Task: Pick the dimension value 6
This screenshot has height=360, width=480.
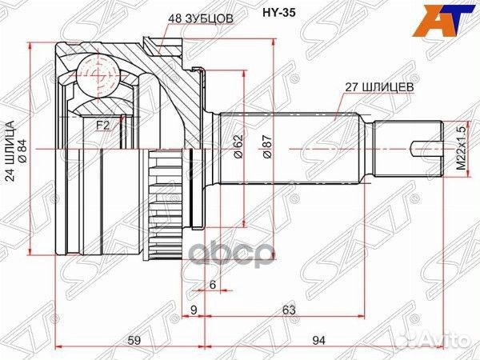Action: coord(213,283)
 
